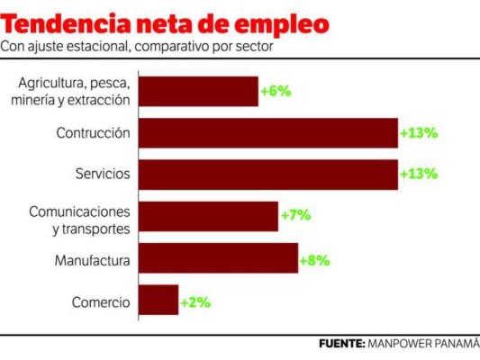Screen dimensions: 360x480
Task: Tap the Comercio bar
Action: point(159,301)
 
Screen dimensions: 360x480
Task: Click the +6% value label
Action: point(275,91)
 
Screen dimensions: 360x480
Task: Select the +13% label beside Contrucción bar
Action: point(419,133)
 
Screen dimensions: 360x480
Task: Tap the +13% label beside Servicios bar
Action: point(419,175)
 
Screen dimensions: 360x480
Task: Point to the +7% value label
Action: point(295,216)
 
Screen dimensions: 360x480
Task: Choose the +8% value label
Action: point(315,259)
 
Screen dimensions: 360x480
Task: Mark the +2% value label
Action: point(195,301)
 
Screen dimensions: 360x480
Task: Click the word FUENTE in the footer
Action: point(341,344)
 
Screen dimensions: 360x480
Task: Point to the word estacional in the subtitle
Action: point(98,47)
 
